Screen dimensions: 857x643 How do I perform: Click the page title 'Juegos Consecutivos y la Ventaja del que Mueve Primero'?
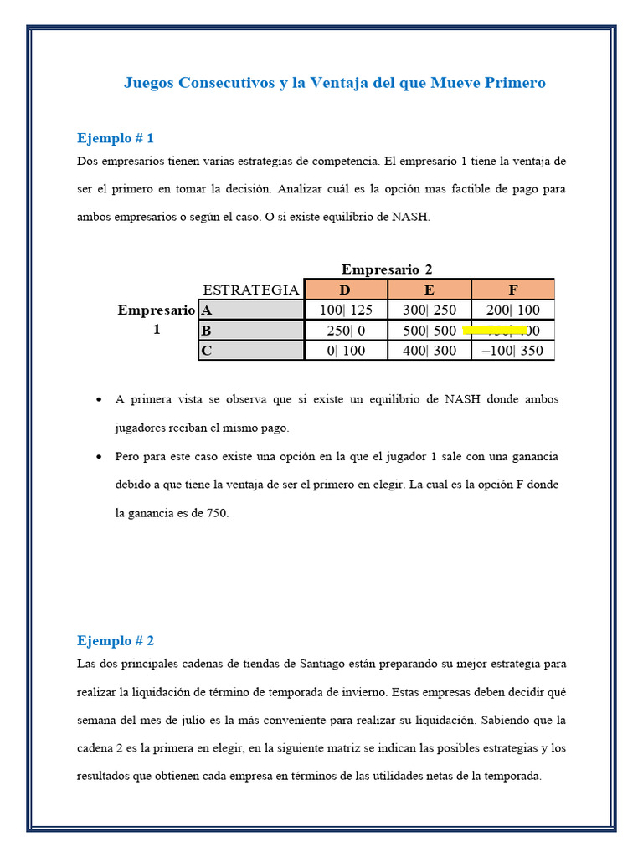click(334, 83)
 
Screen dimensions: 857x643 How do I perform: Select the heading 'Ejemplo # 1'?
click(116, 138)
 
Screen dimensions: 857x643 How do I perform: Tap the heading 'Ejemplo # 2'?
click(116, 640)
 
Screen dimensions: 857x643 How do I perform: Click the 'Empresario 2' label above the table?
click(387, 269)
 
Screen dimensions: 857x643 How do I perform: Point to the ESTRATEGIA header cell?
click(251, 290)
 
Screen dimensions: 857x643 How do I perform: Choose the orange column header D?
click(346, 290)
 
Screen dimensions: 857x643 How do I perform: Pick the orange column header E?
click(430, 290)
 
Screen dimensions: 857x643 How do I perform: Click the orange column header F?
click(513, 290)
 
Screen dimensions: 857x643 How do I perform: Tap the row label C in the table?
click(206, 351)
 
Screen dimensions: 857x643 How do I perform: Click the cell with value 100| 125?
click(346, 310)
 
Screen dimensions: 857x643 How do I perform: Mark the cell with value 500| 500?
click(430, 331)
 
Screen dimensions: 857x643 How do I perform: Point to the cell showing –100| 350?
click(513, 351)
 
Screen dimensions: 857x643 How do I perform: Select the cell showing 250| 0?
click(346, 331)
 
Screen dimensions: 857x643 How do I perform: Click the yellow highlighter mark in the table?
click(495, 331)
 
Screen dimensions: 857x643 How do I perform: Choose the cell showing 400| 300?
click(430, 351)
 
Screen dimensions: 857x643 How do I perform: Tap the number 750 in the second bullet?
click(216, 513)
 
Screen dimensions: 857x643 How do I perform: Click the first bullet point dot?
click(100, 400)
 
